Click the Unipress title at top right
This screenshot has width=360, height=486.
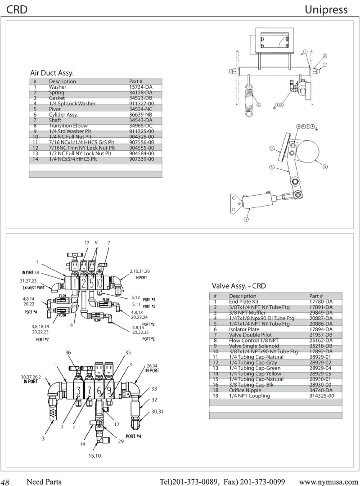tap(326, 10)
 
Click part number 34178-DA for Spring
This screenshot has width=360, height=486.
tap(141, 92)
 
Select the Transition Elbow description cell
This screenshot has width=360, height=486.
tap(68, 126)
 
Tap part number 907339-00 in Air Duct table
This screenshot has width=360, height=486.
tap(142, 159)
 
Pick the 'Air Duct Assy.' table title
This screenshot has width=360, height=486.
tap(52, 73)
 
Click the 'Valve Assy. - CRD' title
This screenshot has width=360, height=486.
tap(239, 286)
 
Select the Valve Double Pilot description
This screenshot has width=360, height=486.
tap(250, 335)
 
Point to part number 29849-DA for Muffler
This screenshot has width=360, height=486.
tap(321, 313)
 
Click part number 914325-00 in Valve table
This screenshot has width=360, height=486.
tap(322, 396)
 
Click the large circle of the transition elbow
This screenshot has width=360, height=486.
tap(308, 151)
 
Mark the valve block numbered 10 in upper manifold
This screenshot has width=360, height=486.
tap(99, 283)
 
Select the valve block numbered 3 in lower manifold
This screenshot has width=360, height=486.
tap(78, 391)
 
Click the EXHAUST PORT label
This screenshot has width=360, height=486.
tap(34, 288)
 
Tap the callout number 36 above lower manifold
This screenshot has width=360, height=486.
tap(68, 353)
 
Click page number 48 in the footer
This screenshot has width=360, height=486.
tap(5, 482)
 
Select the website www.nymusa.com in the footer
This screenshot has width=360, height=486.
tap(328, 482)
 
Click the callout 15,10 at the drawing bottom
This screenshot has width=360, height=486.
tap(95, 456)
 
